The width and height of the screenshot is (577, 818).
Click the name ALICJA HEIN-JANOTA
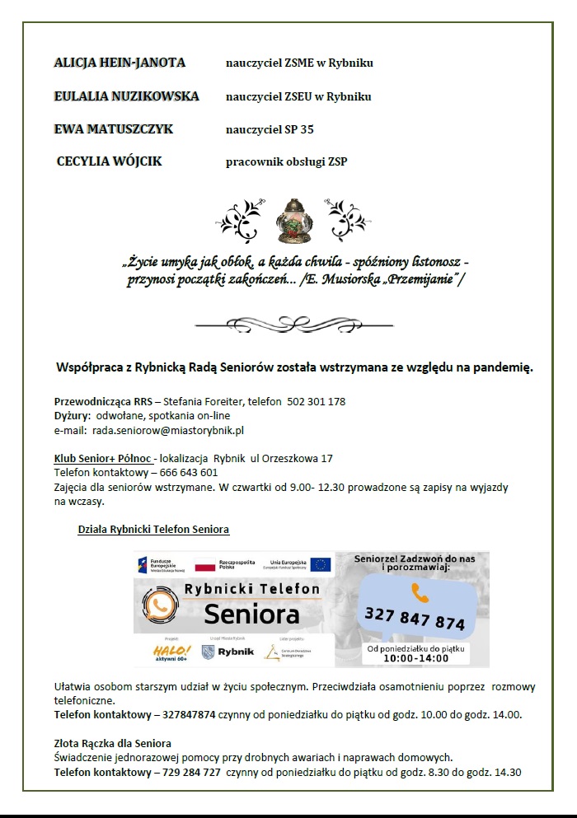point(120,63)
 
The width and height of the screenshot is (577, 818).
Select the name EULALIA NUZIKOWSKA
point(126,96)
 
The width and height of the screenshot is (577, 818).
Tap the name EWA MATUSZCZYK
point(114,129)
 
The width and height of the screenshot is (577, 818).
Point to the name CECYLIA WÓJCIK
point(109,161)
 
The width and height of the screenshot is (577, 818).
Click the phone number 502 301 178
point(316,402)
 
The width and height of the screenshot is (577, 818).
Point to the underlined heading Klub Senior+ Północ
point(103,458)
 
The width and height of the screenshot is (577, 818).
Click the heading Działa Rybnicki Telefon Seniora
point(153,529)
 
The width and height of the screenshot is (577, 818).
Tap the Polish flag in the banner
point(204,565)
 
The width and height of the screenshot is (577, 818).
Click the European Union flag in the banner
point(321,564)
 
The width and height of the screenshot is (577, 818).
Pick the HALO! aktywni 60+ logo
point(172,652)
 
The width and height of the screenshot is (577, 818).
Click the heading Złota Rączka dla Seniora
point(113,744)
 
